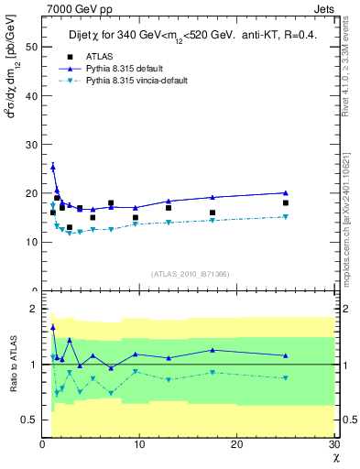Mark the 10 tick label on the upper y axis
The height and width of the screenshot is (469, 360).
(32, 242)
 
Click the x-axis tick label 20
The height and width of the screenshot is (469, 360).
(236, 444)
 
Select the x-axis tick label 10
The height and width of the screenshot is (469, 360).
(139, 444)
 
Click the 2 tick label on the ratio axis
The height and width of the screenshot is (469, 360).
(35, 309)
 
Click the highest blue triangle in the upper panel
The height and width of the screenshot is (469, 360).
(53, 167)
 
